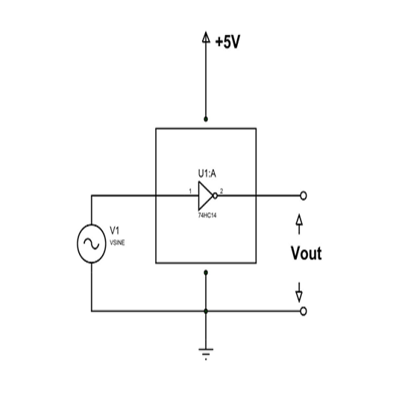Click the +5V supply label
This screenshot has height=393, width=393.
[x=227, y=42]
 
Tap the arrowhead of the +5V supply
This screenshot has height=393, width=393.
[x=206, y=37]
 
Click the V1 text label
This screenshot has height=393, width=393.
[x=115, y=230]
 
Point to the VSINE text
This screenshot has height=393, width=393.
[x=117, y=242]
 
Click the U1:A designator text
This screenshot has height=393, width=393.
[x=207, y=174]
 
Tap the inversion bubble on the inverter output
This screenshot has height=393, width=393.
[x=215, y=195]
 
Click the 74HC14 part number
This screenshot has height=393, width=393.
[x=207, y=216]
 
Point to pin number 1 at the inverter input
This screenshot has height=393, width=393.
[x=190, y=191]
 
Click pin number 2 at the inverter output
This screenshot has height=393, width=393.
[x=221, y=191]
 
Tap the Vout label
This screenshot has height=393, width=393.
[x=306, y=253]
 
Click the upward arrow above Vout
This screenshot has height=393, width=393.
[x=299, y=224]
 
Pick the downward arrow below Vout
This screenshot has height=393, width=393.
[x=299, y=292]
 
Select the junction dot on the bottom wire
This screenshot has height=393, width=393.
[x=206, y=311]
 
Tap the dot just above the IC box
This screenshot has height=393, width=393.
[x=206, y=119]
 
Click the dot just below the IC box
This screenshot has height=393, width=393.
[x=206, y=272]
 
